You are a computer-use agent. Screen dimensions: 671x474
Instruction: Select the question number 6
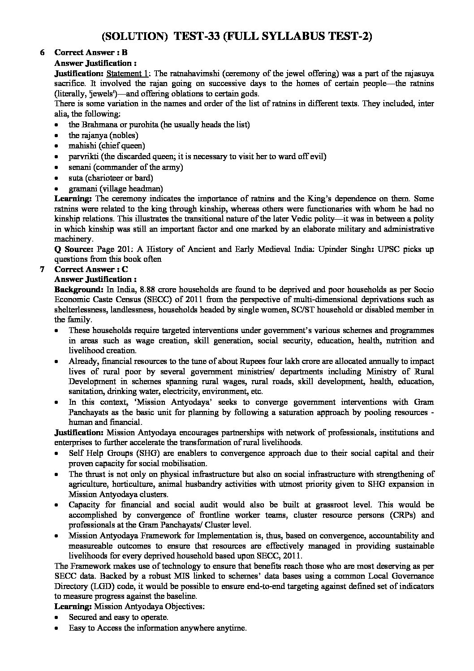[x=42, y=52]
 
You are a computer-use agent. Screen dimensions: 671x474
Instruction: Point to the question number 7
[x=42, y=269]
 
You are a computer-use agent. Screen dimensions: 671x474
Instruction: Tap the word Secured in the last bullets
[x=83, y=617]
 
